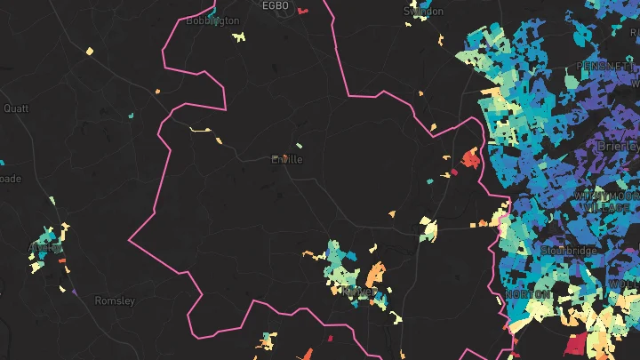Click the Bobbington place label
(x=212, y=20)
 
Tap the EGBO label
(x=276, y=5)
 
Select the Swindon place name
(x=422, y=11)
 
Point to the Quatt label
(x=16, y=108)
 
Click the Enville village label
(x=286, y=160)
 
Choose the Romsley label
(x=115, y=301)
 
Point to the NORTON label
(x=526, y=294)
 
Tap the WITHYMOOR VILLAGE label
(x=604, y=200)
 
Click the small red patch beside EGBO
(x=302, y=12)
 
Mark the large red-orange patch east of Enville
(x=468, y=160)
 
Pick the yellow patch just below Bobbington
(x=237, y=37)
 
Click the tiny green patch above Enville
(x=299, y=145)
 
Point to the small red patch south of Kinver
(x=330, y=339)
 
